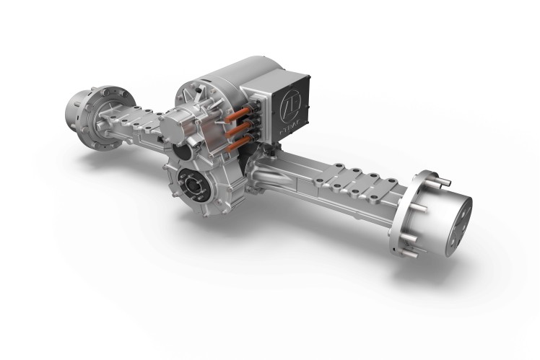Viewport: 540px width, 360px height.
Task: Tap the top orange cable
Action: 233,115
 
